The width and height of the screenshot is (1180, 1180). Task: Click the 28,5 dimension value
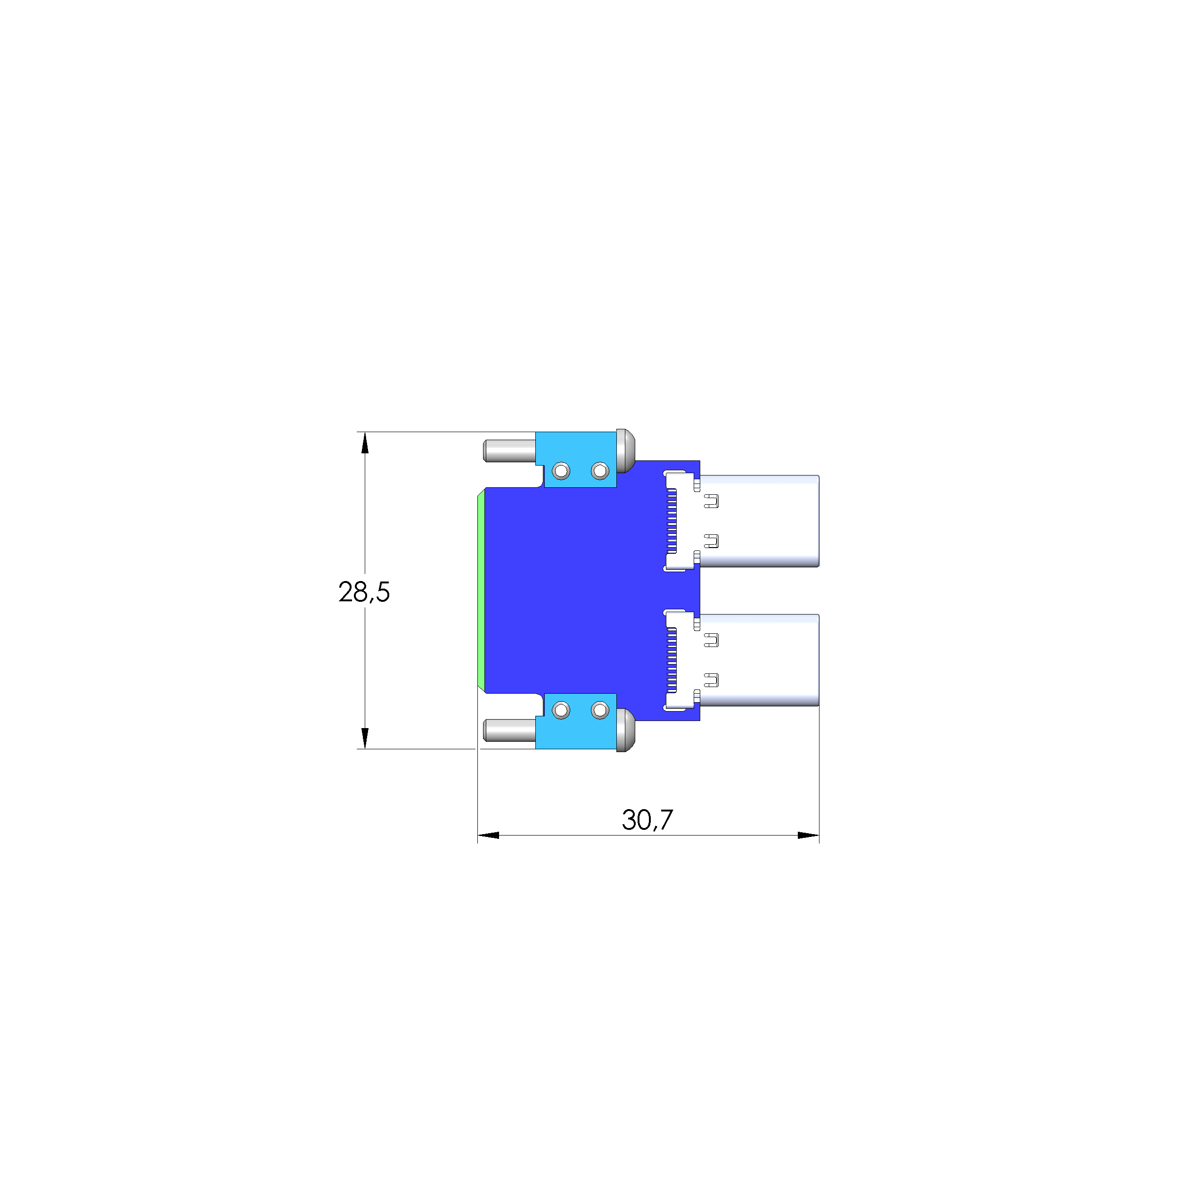[364, 592]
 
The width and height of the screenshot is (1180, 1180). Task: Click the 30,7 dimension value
[647, 819]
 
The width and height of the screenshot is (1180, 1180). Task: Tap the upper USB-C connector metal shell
[759, 521]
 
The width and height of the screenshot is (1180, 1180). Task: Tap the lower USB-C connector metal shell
[759, 660]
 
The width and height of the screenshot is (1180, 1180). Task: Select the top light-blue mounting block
[576, 459]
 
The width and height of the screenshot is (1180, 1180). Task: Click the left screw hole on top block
[561, 471]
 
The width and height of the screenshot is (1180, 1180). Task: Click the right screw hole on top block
[600, 471]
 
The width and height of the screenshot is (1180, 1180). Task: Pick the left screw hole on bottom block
[561, 710]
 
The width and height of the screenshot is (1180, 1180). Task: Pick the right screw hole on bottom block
[600, 710]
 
